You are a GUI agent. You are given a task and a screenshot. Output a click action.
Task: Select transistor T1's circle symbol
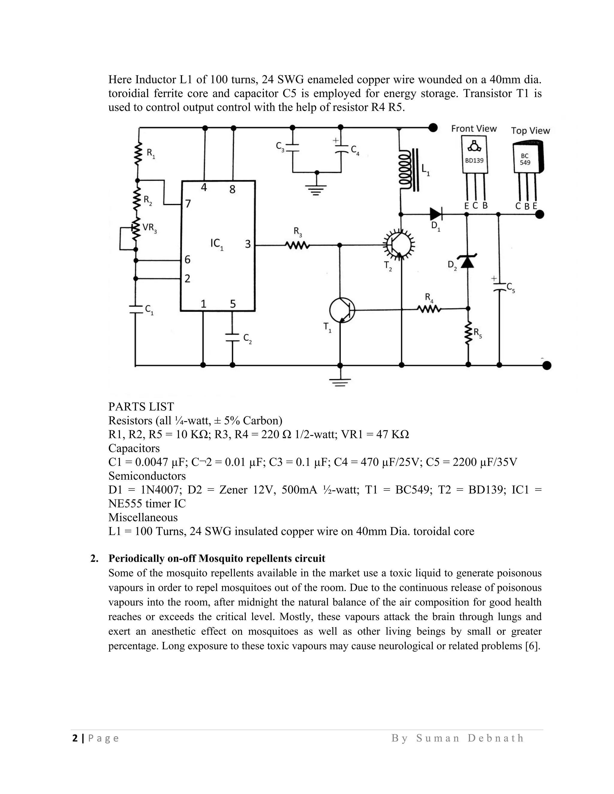341,310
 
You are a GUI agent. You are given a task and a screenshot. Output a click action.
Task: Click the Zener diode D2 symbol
467,261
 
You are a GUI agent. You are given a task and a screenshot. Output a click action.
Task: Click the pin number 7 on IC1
188,203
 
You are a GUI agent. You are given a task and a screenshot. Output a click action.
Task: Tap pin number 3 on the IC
248,244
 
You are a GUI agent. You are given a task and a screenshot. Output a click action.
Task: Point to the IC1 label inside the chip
217,244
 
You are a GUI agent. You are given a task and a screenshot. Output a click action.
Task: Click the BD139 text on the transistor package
474,160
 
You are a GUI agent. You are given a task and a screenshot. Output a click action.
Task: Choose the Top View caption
530,131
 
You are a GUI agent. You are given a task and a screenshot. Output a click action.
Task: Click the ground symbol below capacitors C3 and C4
317,189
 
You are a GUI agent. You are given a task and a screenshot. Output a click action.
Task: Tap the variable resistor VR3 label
149,228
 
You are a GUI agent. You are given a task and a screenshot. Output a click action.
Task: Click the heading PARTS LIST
141,407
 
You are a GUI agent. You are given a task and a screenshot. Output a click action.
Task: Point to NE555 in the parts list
125,504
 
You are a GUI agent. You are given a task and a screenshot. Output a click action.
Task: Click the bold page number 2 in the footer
75,738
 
